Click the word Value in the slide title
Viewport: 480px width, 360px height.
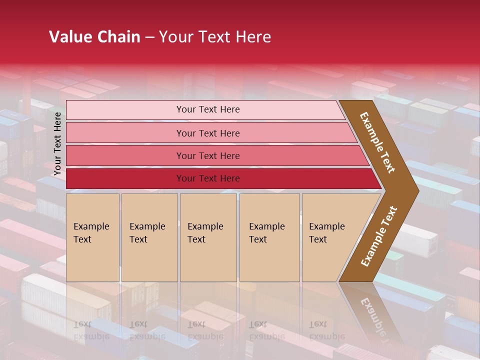68,37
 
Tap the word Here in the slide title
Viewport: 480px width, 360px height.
253,37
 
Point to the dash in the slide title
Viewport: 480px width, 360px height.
149,37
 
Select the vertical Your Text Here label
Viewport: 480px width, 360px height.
57,143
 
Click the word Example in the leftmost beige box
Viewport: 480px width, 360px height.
91,226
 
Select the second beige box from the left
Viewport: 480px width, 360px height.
149,237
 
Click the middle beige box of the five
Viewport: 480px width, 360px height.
208,237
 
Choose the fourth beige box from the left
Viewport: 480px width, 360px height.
269,237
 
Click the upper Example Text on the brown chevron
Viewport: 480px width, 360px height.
377,142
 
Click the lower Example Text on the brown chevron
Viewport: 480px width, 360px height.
378,236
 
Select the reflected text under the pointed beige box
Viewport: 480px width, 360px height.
320,330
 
